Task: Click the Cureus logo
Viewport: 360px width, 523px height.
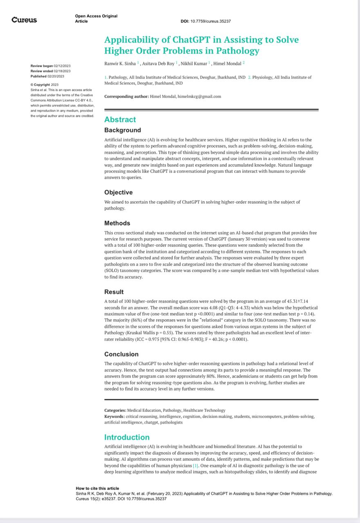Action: [24, 20]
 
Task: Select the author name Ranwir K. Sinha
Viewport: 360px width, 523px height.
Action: [120, 63]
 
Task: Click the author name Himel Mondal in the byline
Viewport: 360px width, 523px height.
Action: [227, 63]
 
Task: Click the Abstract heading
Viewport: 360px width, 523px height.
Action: [120, 120]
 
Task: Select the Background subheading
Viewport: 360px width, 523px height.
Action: [122, 130]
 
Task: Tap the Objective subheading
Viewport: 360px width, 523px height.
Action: [118, 192]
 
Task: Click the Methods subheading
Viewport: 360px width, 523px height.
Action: [117, 223]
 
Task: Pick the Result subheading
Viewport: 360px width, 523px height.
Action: [114, 292]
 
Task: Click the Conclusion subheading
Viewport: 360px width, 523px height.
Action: [121, 354]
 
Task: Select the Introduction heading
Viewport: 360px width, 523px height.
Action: [127, 437]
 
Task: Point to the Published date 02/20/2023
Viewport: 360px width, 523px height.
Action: [56, 76]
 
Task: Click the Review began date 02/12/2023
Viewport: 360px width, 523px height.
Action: [62, 66]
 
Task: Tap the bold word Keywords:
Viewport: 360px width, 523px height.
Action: [114, 416]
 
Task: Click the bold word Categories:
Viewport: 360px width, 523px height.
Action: [115, 410]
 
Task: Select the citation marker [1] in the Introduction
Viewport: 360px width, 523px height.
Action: [196, 466]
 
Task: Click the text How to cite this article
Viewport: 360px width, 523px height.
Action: [97, 488]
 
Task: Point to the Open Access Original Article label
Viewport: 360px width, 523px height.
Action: [96, 18]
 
